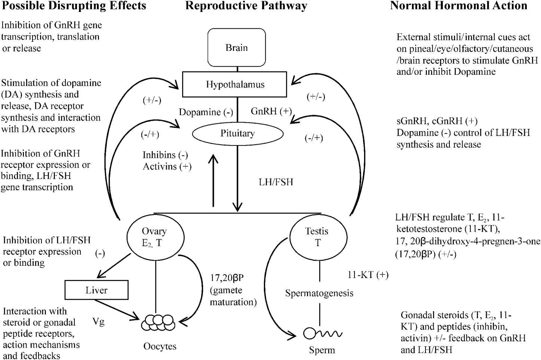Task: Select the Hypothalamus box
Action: [x=235, y=84]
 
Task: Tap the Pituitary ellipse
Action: [x=237, y=133]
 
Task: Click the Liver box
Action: [x=96, y=290]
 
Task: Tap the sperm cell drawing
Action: [x=321, y=333]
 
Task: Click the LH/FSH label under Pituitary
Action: [x=276, y=182]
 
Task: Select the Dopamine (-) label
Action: [x=206, y=112]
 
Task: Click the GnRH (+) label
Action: [x=271, y=111]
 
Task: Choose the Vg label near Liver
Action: [x=99, y=321]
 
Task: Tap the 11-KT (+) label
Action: [x=368, y=275]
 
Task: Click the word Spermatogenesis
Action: [x=319, y=293]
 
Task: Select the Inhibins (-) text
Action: [x=165, y=155]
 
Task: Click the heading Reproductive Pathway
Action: [x=246, y=6]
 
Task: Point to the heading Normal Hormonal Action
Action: [x=459, y=6]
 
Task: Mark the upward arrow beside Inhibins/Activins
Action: [x=213, y=179]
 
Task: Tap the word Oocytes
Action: [x=160, y=347]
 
